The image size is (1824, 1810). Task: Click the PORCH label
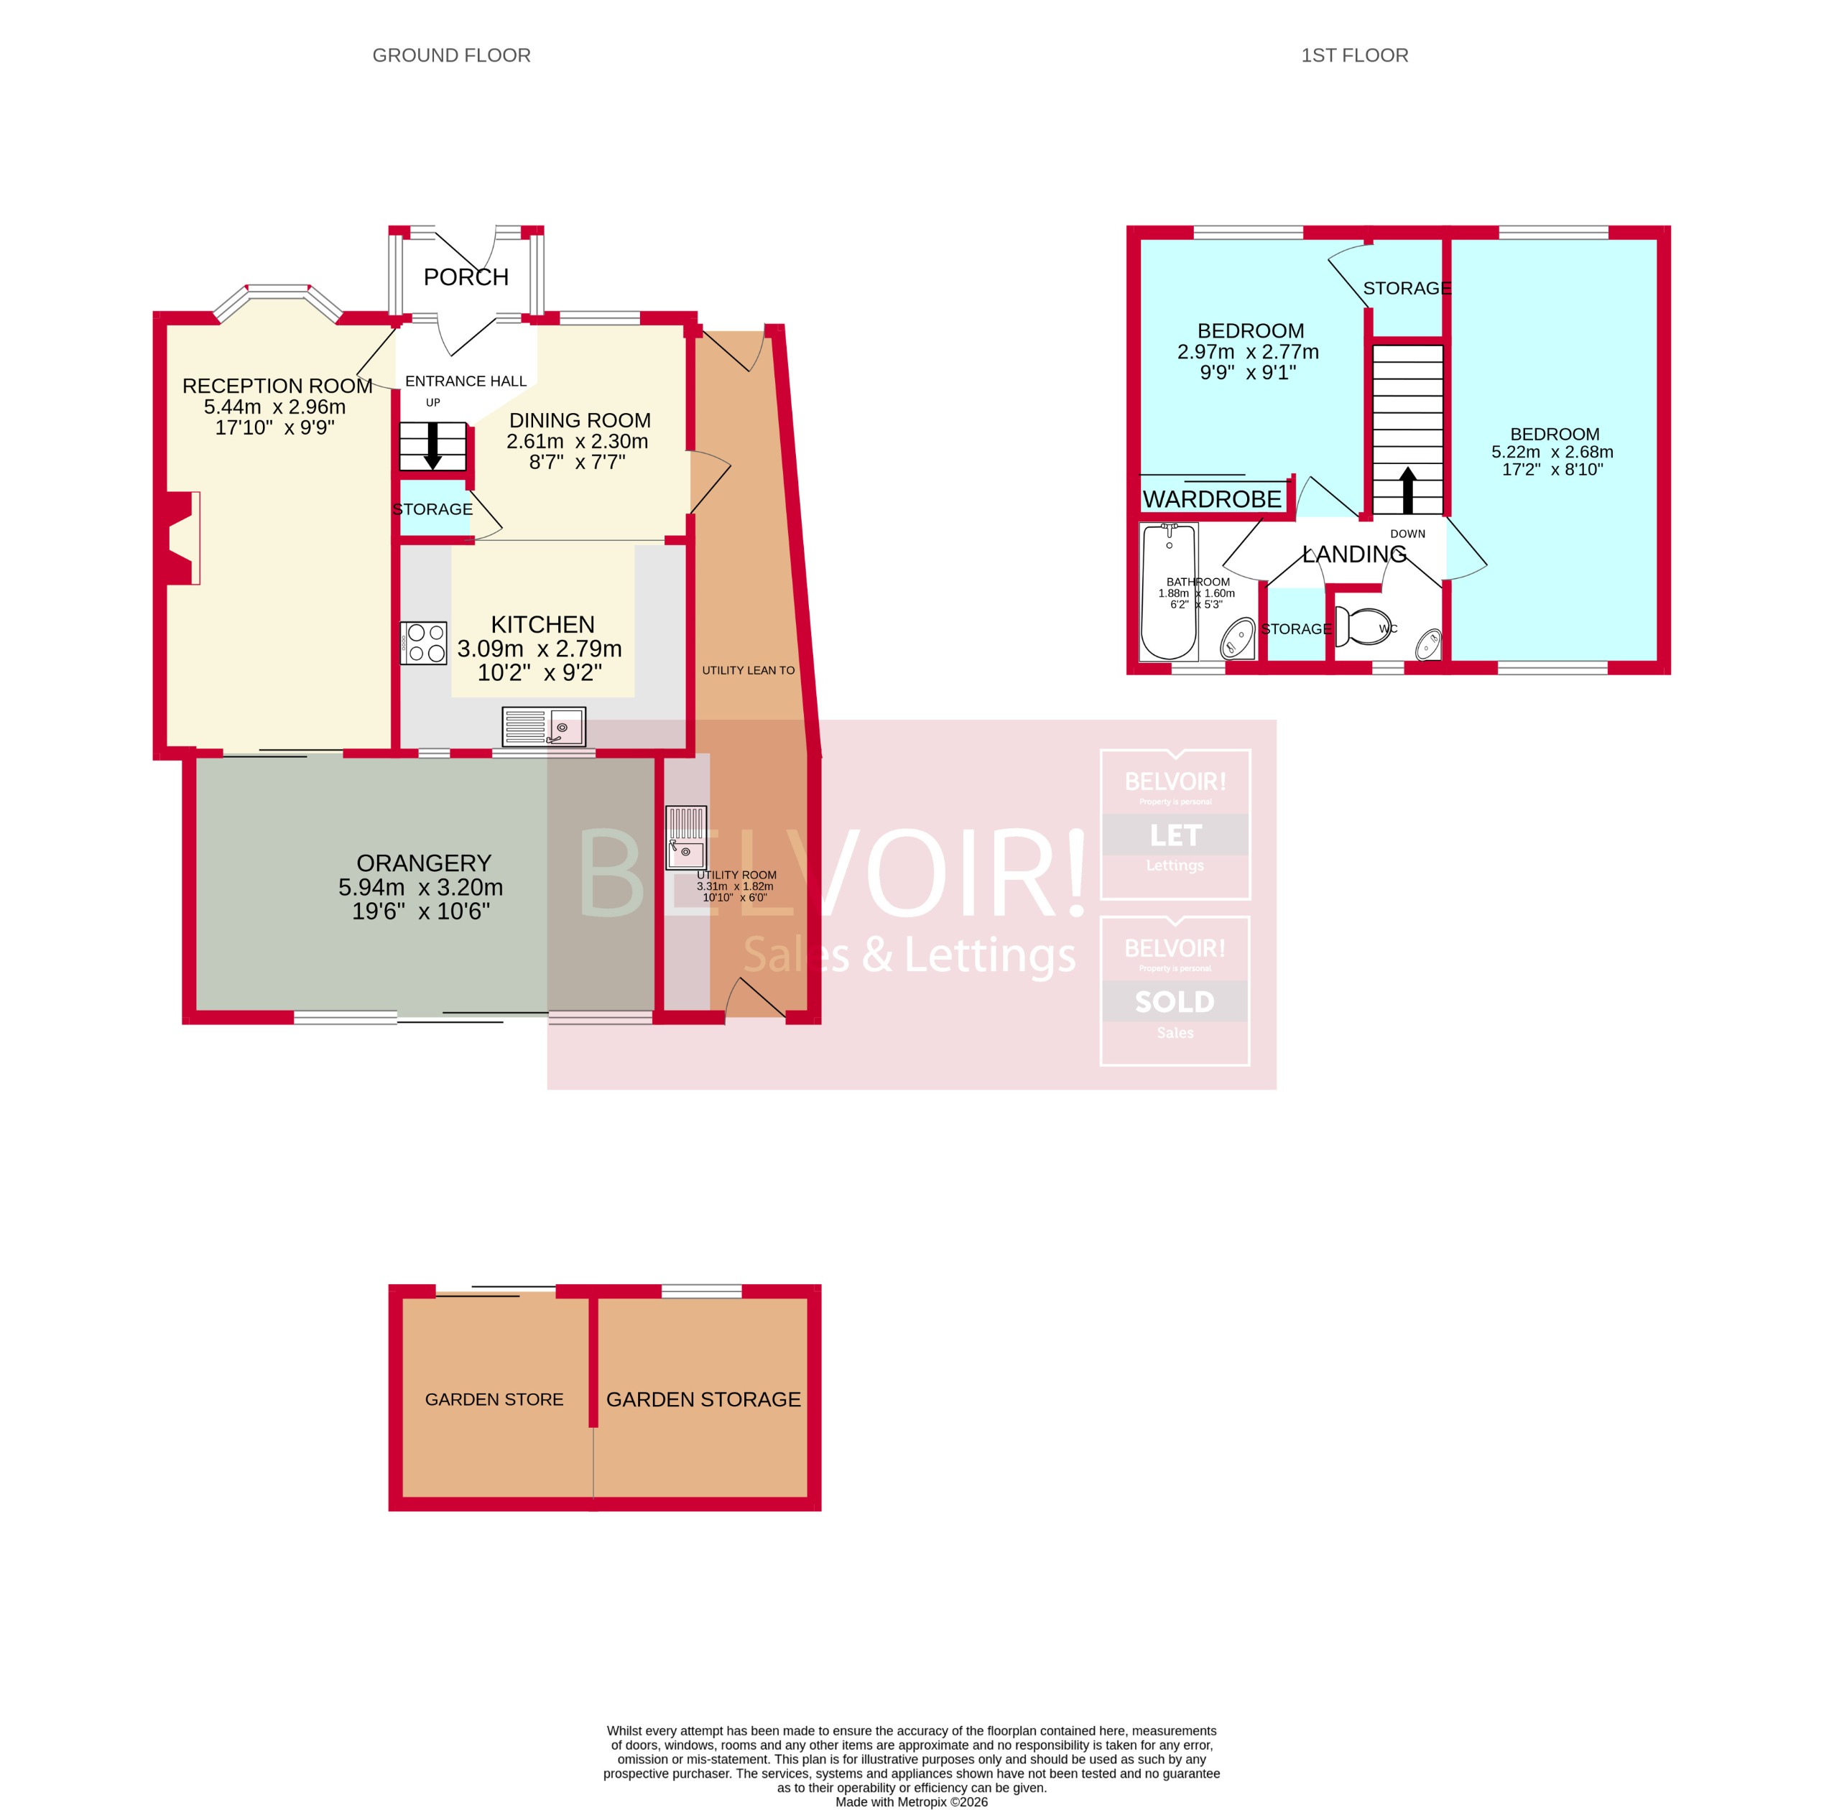[x=466, y=277]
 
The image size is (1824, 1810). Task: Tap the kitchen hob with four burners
[x=424, y=643]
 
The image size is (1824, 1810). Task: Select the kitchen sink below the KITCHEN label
[x=544, y=727]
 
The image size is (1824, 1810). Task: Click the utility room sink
[x=685, y=837]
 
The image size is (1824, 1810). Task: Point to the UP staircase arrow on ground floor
[x=432, y=445]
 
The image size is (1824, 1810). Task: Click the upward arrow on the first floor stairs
[x=1407, y=490]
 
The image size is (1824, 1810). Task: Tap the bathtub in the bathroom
[x=1169, y=592]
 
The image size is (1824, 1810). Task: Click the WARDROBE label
[x=1212, y=499]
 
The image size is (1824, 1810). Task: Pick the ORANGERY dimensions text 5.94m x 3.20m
[x=420, y=887]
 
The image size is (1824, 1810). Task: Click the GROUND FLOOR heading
[x=451, y=56]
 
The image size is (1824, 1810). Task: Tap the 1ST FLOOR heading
[x=1354, y=56]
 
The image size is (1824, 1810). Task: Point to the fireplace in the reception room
[x=182, y=538]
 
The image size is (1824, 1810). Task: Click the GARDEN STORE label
[x=494, y=1399]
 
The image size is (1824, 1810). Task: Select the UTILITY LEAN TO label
[x=748, y=670]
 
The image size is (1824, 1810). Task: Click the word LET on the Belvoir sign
[x=1175, y=835]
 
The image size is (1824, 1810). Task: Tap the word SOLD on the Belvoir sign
[x=1175, y=1001]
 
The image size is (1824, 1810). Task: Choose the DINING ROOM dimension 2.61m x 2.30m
[x=577, y=441]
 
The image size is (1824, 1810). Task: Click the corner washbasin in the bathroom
[x=1238, y=640]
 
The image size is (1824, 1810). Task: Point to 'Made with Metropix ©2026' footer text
[x=911, y=1801]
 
